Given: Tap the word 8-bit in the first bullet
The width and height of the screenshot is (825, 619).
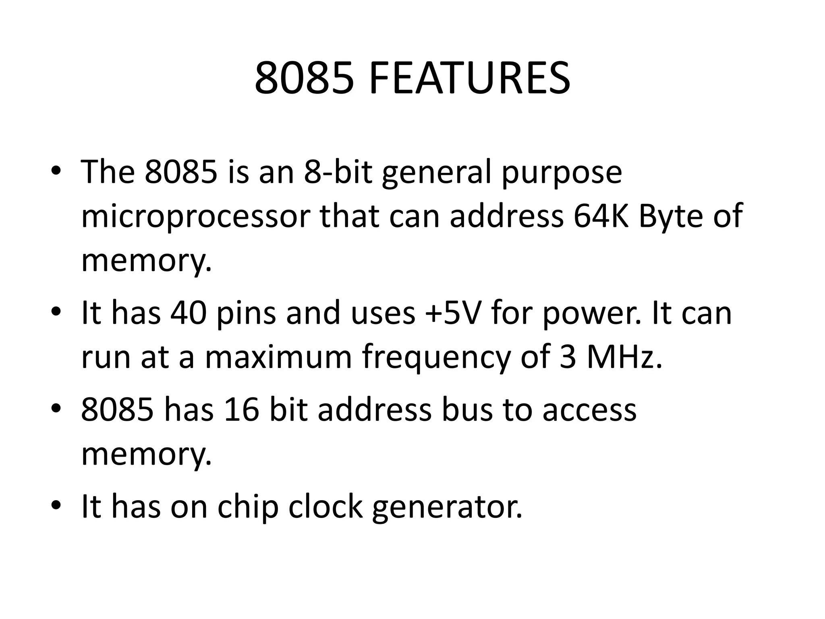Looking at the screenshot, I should pos(338,172).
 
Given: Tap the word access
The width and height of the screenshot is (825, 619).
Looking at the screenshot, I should pos(589,410).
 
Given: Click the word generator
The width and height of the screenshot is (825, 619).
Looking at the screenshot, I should pos(447,507).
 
